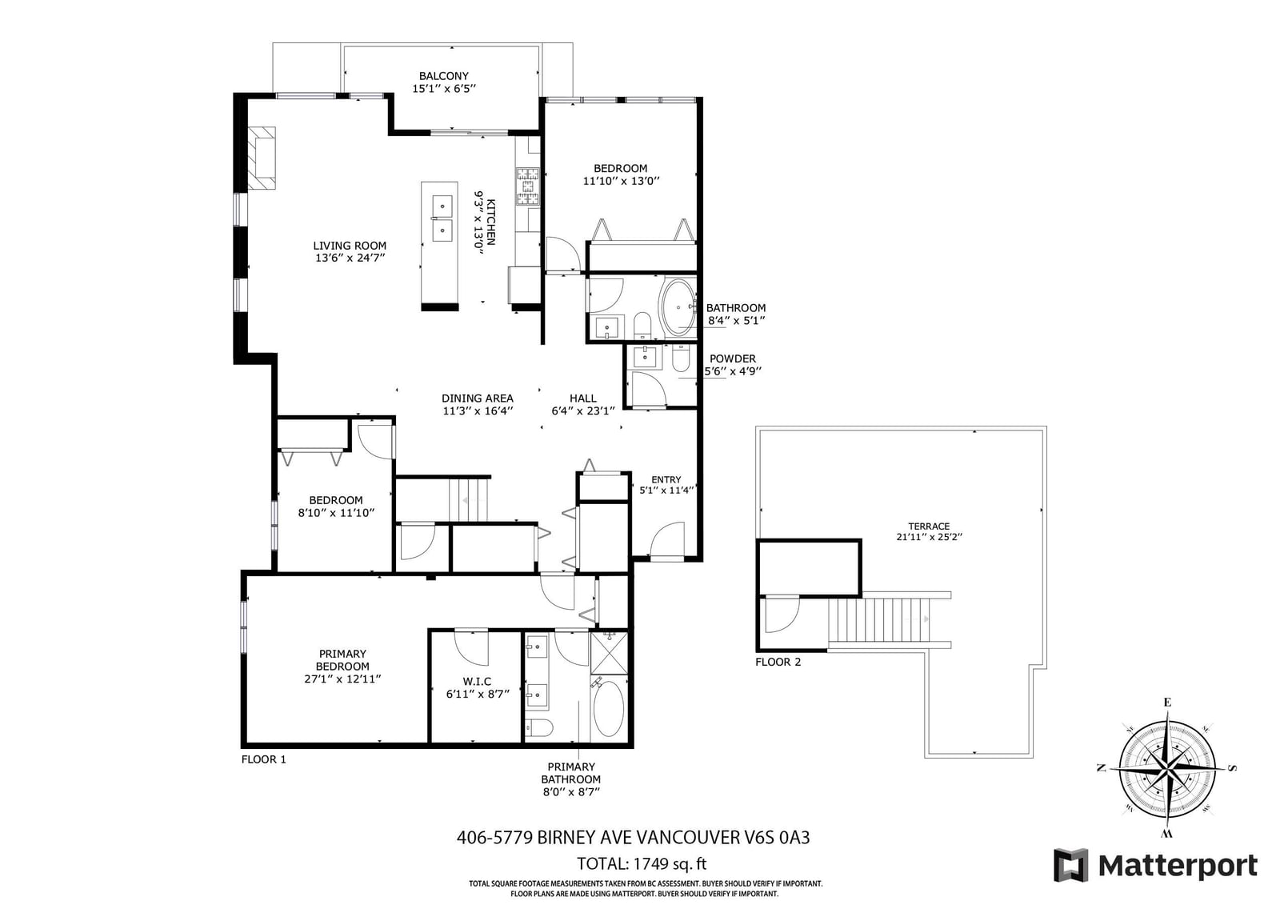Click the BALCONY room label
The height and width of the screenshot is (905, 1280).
(443, 76)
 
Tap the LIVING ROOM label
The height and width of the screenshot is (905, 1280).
(350, 246)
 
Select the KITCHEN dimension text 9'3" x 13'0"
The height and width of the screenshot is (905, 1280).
(478, 222)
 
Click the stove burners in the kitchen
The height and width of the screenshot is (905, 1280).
(528, 186)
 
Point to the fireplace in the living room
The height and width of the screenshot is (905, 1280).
(261, 158)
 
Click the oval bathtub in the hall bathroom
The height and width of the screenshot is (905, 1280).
(678, 308)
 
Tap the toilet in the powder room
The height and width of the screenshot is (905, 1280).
(681, 358)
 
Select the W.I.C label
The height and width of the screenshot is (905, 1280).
(477, 682)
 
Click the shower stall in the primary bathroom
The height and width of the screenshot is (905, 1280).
(609, 653)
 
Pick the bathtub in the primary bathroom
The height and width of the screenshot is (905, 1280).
(609, 709)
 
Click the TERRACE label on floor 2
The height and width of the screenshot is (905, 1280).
(929, 526)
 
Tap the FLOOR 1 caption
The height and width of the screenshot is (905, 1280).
(263, 759)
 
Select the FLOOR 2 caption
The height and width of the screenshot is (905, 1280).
(778, 662)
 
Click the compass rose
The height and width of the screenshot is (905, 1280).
(1167, 768)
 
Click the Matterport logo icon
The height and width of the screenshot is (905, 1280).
(1071, 865)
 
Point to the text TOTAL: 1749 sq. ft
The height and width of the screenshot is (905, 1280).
(642, 863)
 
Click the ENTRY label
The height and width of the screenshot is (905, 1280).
(666, 479)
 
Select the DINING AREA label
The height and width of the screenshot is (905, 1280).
(478, 398)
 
